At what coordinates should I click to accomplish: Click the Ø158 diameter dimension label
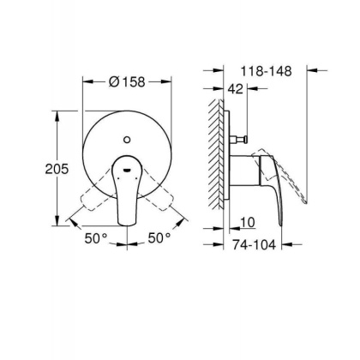click(129, 82)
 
